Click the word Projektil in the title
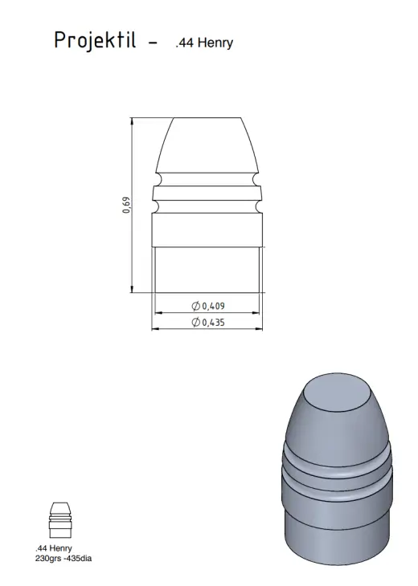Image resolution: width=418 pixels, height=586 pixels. click(95, 40)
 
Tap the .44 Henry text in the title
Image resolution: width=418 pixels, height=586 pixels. click(204, 43)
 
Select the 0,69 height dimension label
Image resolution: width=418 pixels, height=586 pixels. click(127, 206)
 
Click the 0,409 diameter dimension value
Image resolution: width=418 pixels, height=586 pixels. click(213, 306)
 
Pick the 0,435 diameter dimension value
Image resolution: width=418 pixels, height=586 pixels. click(213, 322)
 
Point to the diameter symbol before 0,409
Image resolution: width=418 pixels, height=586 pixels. click(195, 306)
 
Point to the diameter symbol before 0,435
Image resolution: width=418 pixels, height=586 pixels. click(195, 322)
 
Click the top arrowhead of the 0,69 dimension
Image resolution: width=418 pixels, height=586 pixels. click(132, 120)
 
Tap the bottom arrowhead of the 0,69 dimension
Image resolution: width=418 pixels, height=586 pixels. click(132, 289)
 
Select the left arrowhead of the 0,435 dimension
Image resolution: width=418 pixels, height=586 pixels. click(155, 329)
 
